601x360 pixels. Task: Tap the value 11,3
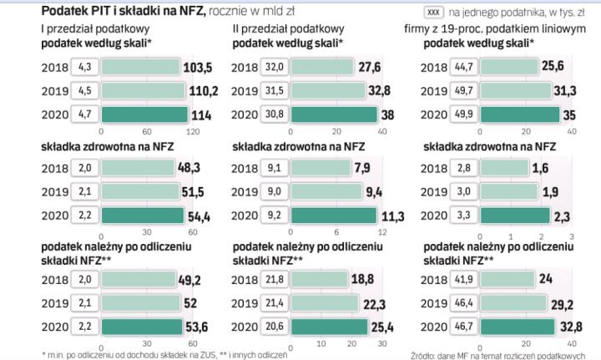pyautogui.click(x=393, y=215)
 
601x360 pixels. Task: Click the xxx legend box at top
pyautogui.click(x=433, y=12)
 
